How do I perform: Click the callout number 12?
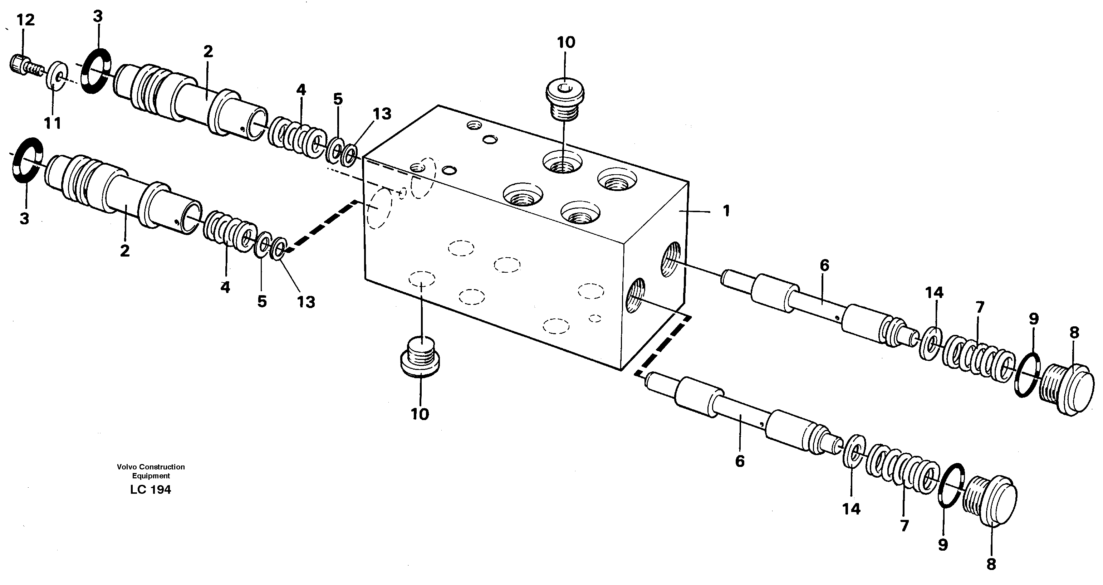click(x=25, y=20)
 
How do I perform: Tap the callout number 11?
click(x=53, y=124)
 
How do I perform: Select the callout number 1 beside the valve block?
click(x=726, y=211)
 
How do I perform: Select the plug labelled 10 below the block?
click(x=420, y=357)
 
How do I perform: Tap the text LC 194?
click(x=150, y=489)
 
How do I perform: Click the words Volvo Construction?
click(x=151, y=467)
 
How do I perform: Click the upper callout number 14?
click(x=934, y=293)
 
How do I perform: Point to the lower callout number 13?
click(x=306, y=302)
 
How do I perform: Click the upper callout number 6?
click(x=824, y=265)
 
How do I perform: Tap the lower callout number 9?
click(x=942, y=544)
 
